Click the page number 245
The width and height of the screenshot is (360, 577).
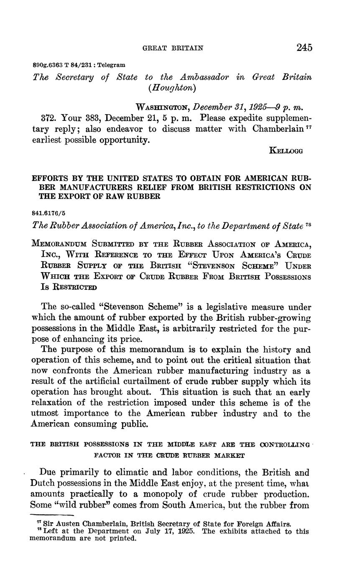(304, 47)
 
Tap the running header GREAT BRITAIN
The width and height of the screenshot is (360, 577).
(173, 48)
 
